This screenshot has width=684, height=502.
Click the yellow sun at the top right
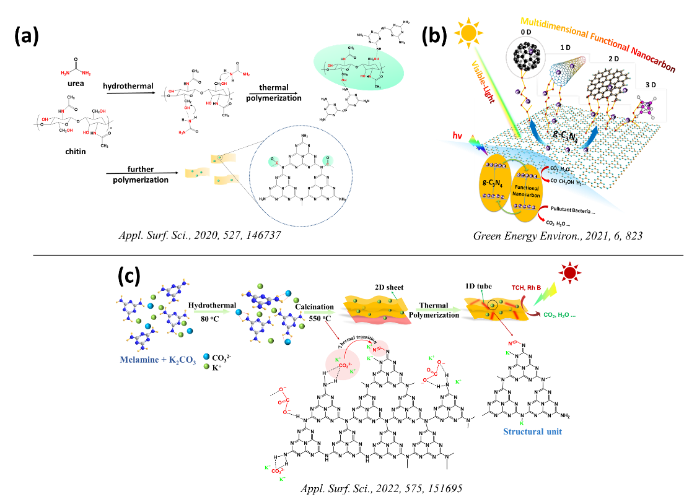coord(468,32)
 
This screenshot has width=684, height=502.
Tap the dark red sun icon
coord(569,272)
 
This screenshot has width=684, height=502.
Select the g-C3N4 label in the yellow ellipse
coord(496,181)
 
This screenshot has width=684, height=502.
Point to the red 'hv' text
coord(457,134)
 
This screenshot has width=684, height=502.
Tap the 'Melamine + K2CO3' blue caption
coord(157,360)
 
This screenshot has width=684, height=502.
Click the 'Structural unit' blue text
coord(532,431)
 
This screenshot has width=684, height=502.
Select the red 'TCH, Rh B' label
coord(526,288)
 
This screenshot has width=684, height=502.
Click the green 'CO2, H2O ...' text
coord(559,315)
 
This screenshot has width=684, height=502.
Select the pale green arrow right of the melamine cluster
coord(211,312)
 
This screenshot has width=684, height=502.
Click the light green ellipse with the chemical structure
coord(358,67)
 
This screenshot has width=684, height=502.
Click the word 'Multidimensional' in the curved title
coord(555,26)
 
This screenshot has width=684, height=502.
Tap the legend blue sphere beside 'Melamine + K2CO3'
coord(206,357)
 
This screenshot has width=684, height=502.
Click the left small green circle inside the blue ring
coord(274,162)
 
